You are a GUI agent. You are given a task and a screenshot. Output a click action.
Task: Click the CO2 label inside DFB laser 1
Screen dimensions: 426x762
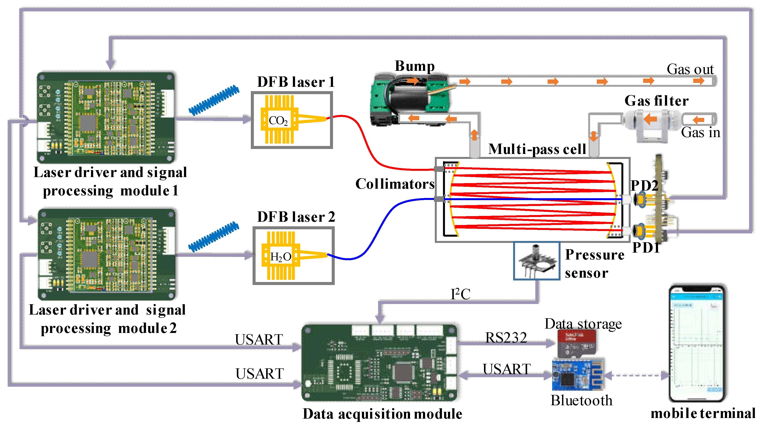tap(278, 120)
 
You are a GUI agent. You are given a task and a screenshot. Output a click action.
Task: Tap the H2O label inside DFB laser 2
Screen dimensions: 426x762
tap(280, 257)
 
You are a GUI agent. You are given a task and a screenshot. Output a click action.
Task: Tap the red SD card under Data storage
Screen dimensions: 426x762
tap(577, 343)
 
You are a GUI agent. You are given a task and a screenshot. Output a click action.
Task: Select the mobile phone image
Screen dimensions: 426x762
tap(697, 343)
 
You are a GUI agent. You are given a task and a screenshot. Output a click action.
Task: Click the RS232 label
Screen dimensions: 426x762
tap(506, 337)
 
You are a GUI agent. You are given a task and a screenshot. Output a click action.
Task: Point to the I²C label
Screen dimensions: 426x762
tap(460, 294)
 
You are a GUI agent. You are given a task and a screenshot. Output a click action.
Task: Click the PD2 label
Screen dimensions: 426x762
tap(644, 186)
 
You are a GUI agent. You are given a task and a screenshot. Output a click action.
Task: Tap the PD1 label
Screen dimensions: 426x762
tap(646, 247)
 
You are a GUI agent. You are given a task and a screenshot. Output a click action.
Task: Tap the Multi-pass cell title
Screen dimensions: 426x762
tap(537, 149)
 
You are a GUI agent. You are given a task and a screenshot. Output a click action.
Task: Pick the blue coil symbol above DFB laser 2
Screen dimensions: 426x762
tap(214, 237)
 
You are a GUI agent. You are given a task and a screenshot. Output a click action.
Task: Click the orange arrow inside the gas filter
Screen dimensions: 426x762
tap(650, 119)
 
